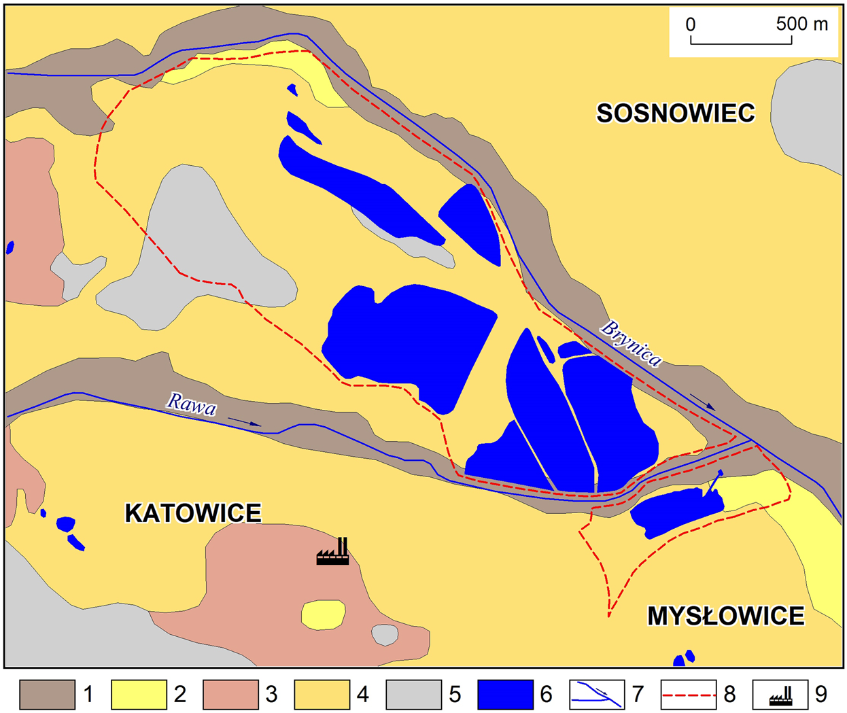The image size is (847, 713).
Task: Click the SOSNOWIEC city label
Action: click(676, 113)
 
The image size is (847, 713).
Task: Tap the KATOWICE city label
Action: click(193, 513)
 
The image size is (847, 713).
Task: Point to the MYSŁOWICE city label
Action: click(725, 616)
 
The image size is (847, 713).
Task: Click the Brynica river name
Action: click(630, 343)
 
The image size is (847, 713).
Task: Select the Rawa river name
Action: click(192, 404)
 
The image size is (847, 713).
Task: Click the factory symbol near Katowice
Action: click(333, 552)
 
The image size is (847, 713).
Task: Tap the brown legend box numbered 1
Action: click(47, 695)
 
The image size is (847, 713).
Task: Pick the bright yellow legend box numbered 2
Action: click(139, 695)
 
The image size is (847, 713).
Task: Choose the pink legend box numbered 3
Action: click(230, 695)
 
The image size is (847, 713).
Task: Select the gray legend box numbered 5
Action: click(413, 695)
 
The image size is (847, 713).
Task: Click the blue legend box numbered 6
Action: click(505, 695)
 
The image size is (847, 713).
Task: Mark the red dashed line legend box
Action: click(689, 695)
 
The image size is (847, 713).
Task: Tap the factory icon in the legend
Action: click(780, 695)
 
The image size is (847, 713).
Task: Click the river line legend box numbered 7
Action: click(597, 695)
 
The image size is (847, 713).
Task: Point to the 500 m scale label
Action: click(802, 24)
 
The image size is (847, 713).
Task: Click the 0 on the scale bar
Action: click(691, 25)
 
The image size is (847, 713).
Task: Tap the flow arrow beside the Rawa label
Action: click(245, 422)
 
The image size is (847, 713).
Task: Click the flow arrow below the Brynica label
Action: click(703, 402)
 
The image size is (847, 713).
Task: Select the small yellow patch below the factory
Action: click(323, 614)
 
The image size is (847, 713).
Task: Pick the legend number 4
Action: click(362, 695)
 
